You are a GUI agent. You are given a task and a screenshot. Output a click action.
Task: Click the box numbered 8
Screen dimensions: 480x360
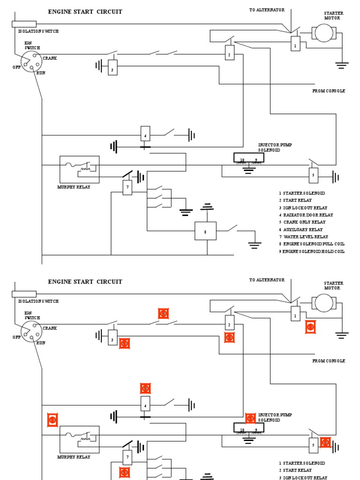tap(205, 231)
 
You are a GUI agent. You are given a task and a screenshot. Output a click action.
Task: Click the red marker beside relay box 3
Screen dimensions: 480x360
tap(124, 344)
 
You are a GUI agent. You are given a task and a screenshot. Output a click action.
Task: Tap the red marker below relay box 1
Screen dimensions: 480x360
tap(310, 327)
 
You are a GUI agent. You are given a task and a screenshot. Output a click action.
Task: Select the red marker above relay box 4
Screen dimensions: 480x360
tap(145, 388)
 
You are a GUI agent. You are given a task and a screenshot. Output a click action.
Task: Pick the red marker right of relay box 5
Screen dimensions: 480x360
tap(325, 442)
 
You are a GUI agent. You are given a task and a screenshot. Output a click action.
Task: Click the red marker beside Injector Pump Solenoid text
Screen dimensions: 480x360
tap(250, 418)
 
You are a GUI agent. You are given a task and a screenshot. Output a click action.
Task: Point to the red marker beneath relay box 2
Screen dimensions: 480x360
tap(229, 337)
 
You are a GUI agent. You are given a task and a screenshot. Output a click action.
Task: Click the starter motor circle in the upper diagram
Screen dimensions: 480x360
tap(322, 33)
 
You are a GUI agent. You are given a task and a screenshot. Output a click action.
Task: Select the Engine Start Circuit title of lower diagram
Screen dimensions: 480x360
tap(85, 282)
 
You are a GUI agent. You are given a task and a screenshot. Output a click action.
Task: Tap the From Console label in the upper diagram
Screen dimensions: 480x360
tap(329, 91)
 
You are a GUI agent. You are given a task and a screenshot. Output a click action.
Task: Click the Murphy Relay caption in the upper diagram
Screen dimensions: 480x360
tap(74, 187)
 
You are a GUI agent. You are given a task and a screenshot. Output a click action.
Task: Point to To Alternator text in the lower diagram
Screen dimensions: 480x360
tap(267, 280)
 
